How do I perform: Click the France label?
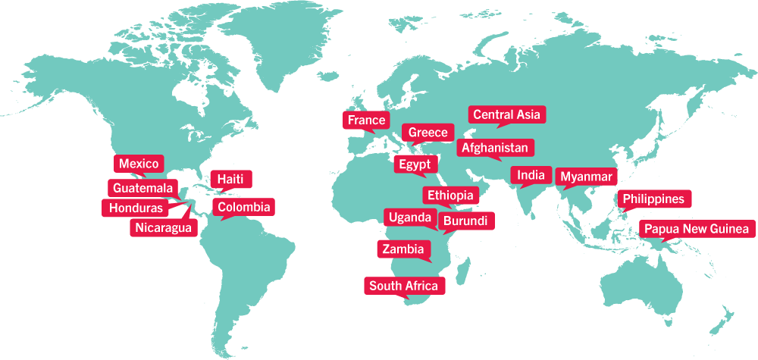click(367, 121)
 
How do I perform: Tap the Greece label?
click(428, 133)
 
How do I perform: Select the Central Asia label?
click(506, 115)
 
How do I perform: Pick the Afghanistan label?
click(496, 148)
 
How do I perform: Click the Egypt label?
click(414, 164)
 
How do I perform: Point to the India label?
click(531, 176)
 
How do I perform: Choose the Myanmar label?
click(585, 177)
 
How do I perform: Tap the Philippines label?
click(653, 199)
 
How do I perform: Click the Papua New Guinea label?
click(697, 229)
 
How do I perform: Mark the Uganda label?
click(409, 218)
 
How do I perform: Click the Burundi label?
click(466, 221)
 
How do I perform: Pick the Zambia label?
click(403, 249)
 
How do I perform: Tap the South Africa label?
click(403, 286)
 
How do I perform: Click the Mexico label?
click(139, 164)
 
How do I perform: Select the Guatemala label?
click(143, 188)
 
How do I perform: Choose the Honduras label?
click(136, 208)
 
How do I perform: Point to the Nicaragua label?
click(164, 227)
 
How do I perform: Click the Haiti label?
click(230, 179)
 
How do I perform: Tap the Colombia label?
click(243, 207)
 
